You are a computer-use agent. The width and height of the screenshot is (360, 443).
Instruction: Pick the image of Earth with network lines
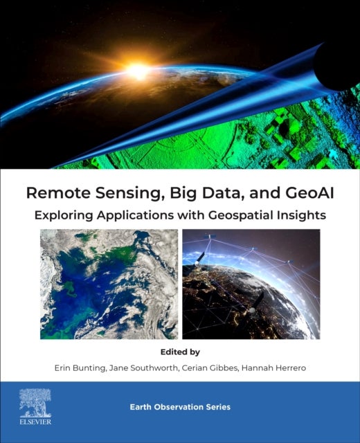click(x=251, y=284)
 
